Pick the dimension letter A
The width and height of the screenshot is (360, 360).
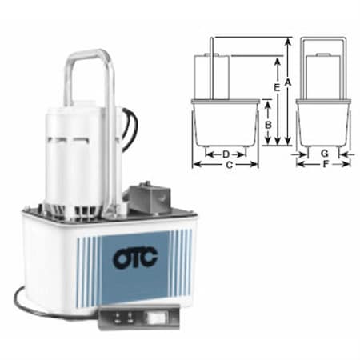pos(288,82)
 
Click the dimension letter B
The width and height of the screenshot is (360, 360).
pos(269,124)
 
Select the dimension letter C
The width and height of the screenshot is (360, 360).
pos(230,166)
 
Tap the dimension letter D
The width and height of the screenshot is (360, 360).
pos(226,152)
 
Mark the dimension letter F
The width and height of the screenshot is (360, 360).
pos(323,166)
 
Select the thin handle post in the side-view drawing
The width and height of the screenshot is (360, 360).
pos(210,68)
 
